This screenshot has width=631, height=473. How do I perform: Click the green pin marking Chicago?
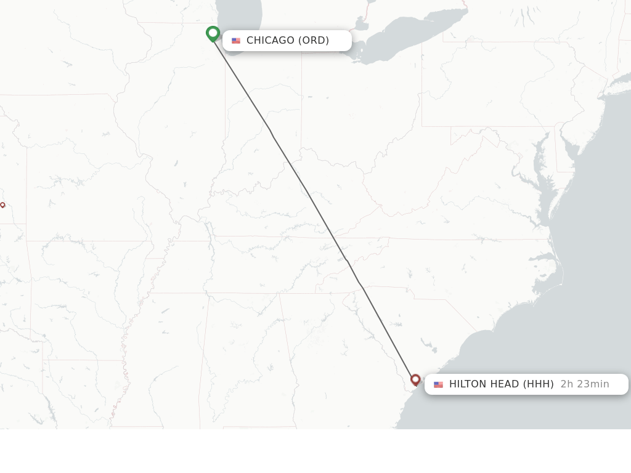(x=213, y=33)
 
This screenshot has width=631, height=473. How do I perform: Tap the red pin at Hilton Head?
(x=415, y=379)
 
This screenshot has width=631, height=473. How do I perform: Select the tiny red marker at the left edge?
(x=2, y=204)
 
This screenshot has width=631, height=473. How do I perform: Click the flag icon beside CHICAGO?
(x=236, y=41)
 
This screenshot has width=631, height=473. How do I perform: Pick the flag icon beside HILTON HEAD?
(x=438, y=384)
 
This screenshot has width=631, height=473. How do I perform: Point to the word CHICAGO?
(x=271, y=41)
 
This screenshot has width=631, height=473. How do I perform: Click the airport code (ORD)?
(x=314, y=41)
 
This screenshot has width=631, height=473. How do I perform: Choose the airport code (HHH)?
(x=539, y=384)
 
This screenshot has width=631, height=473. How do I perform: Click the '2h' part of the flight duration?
(x=567, y=384)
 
